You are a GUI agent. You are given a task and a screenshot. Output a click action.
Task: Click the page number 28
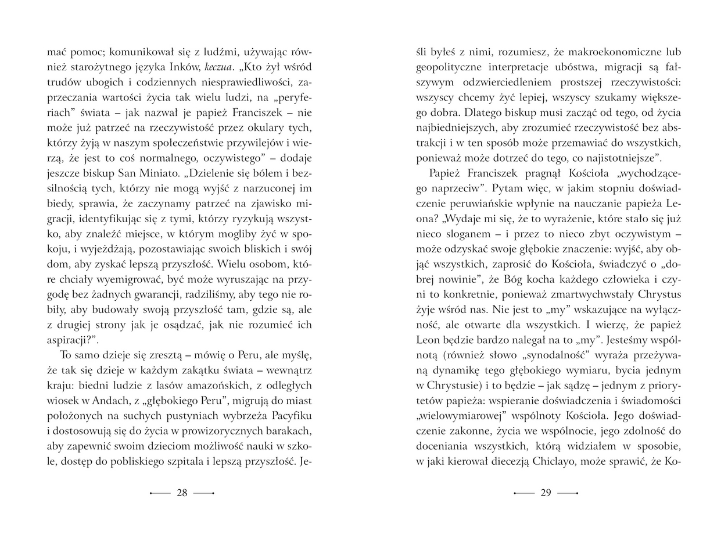pos(182,493)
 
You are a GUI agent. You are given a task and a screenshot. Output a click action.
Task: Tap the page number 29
pos(546,493)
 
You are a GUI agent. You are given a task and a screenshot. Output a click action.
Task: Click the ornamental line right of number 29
pos(568,493)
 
